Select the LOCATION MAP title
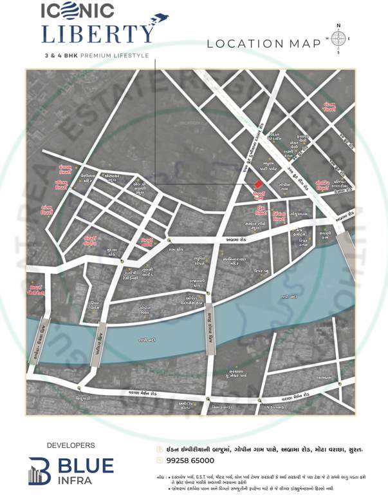(264, 44)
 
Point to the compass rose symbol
(338, 38)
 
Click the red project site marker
(259, 185)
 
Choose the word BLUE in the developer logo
(86, 465)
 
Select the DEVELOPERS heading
(71, 445)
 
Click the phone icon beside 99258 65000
(160, 460)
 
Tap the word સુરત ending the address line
(354, 448)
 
